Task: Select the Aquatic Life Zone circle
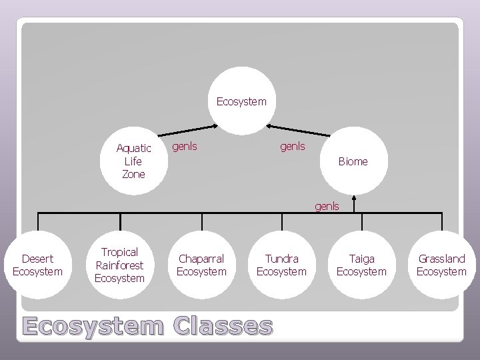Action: [133, 160]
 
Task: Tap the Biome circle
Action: [353, 161]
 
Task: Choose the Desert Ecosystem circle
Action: [37, 265]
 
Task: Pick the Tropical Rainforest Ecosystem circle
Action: [119, 265]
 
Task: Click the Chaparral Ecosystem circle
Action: [201, 265]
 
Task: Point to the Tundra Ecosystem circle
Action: [281, 265]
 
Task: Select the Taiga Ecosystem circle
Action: [361, 265]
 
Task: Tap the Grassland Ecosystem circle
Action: [441, 265]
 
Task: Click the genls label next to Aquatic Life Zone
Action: [185, 145]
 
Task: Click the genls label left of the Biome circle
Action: [292, 145]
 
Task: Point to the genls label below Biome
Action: [327, 206]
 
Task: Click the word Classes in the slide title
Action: [222, 326]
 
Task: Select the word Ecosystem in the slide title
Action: [93, 326]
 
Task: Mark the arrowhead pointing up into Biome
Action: [354, 198]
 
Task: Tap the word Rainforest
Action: [119, 265]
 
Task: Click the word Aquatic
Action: [133, 148]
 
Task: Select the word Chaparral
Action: [201, 258]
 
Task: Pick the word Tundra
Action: [281, 258]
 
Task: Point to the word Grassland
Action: [441, 258]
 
